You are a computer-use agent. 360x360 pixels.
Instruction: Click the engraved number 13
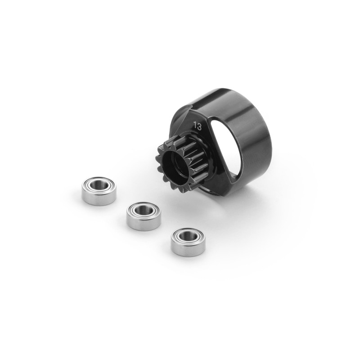pyautogui.click(x=198, y=126)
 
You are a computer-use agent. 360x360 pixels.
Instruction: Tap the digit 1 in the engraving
pyautogui.click(x=195, y=126)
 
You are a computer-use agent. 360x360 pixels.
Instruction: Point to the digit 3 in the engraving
pyautogui.click(x=199, y=127)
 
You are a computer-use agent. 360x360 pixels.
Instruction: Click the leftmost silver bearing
pyautogui.click(x=99, y=190)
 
